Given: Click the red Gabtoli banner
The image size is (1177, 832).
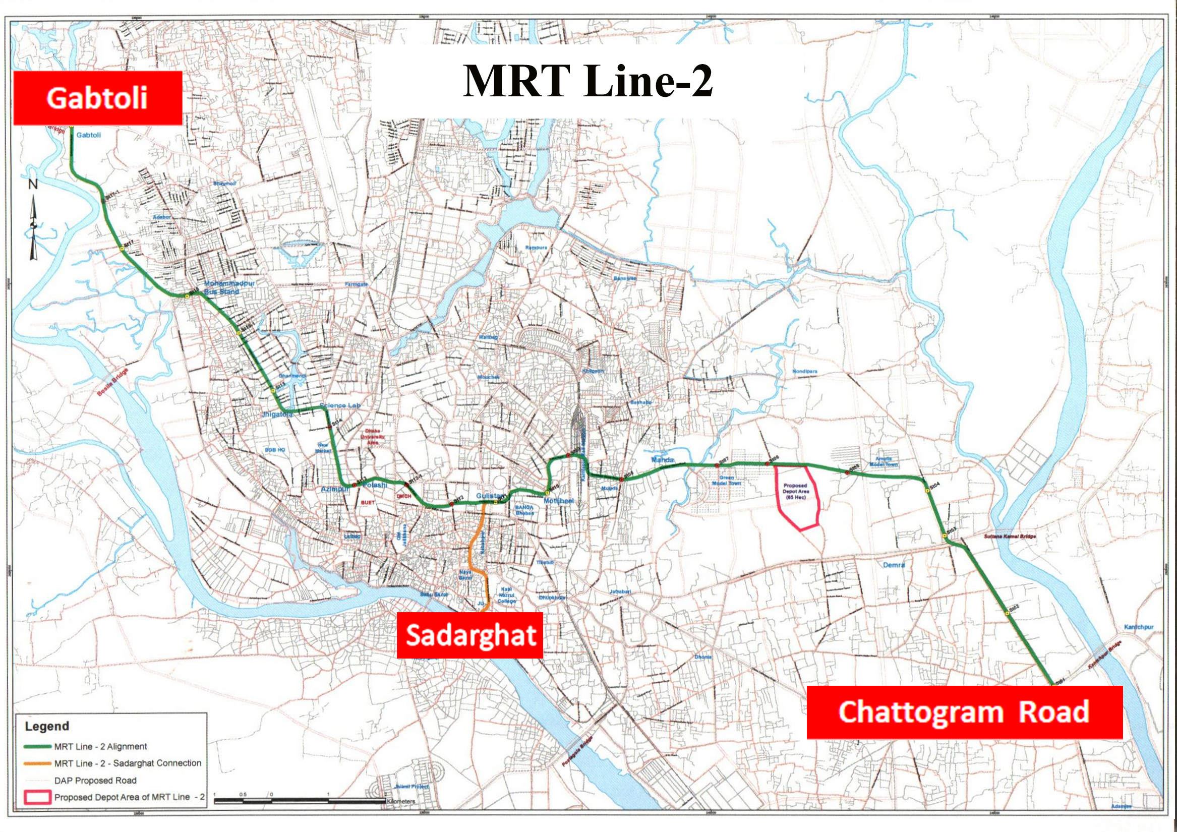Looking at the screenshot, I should (x=97, y=98).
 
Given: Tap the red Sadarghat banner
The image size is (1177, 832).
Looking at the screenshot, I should (x=470, y=635).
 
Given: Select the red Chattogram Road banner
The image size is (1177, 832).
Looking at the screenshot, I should (x=964, y=712).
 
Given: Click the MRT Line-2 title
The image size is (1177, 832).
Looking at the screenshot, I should (x=587, y=82).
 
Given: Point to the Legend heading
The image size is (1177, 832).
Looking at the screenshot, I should (x=47, y=726).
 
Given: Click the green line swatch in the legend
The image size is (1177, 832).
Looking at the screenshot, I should (x=37, y=747).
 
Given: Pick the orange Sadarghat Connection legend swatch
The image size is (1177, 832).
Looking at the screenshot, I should (x=37, y=764).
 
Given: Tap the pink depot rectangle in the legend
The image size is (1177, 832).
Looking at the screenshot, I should (x=37, y=797).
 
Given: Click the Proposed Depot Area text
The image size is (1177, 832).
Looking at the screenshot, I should (x=796, y=491).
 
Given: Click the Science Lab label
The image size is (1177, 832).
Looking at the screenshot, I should (x=340, y=405).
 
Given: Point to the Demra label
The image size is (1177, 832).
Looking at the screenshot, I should (x=894, y=565).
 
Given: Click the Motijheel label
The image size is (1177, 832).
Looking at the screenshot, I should (x=559, y=500).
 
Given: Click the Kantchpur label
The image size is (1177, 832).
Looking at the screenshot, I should (x=1139, y=627).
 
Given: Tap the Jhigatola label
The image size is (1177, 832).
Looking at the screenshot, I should (x=277, y=413).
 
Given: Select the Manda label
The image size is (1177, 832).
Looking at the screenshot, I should (x=662, y=459).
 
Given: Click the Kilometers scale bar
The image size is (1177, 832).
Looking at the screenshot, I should (x=300, y=800).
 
